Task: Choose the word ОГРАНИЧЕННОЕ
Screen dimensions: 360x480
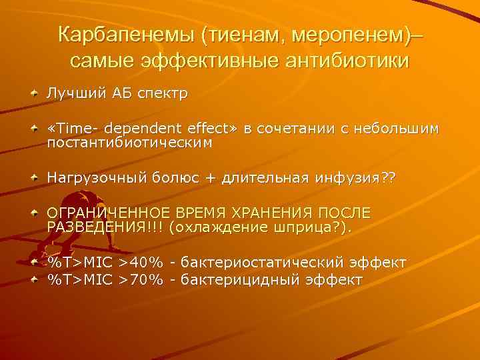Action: (107, 213)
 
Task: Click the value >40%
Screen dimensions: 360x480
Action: (141, 263)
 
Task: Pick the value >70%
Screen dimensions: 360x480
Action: (141, 279)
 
